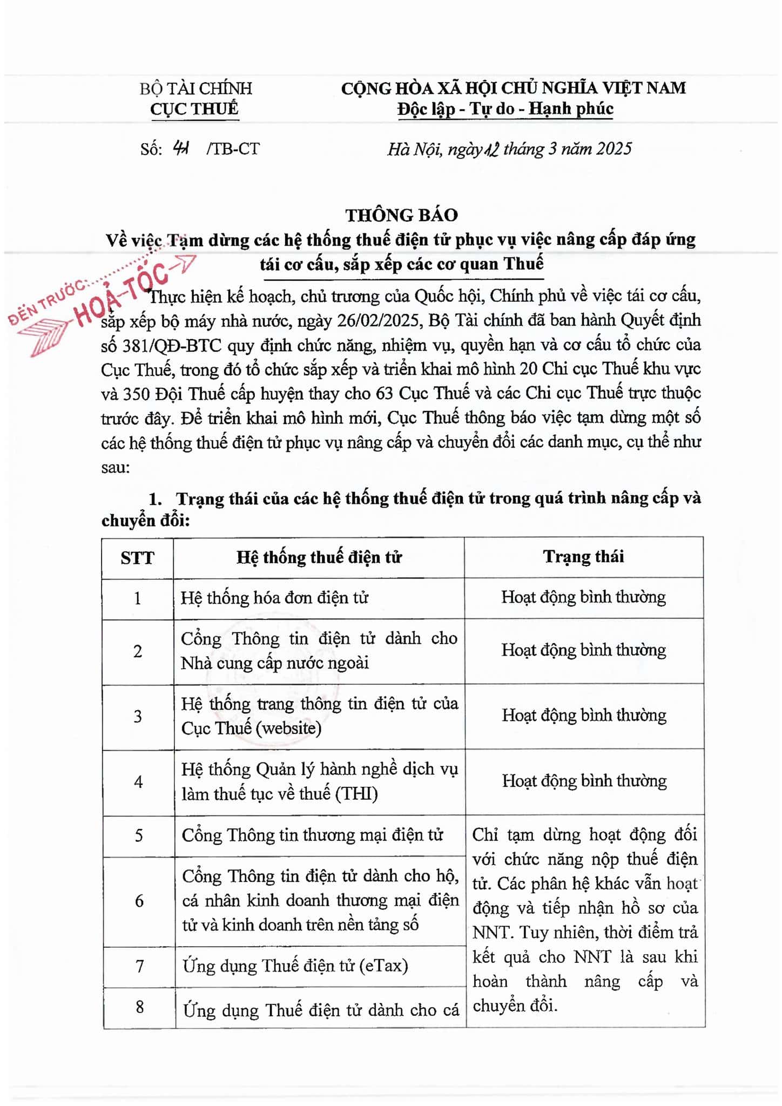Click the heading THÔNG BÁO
pos(401,215)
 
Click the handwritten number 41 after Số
pos(180,148)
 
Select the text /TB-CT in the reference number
pos(233,149)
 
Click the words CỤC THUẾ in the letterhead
pos(194,109)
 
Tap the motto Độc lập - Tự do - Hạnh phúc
pos(505,109)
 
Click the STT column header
pos(137,557)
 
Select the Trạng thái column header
pos(583,556)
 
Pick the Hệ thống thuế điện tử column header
pos(319,557)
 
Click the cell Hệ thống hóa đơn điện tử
pos(274,598)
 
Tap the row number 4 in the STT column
pos(138,781)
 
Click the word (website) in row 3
pos(288,728)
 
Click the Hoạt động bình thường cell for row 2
pos(583,650)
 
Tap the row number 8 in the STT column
pos(139,1007)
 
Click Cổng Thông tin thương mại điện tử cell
pos(312,835)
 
